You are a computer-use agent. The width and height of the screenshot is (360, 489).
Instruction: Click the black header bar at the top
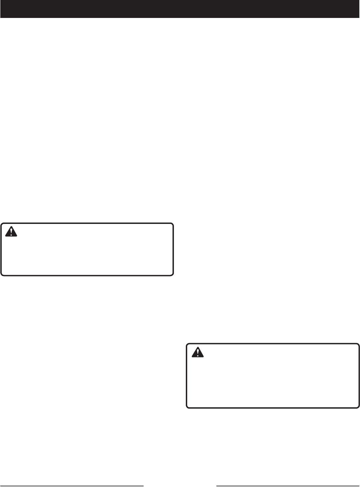pyautogui.click(x=180, y=9)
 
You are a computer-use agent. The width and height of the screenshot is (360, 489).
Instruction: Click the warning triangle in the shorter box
pyautogui.click(x=11, y=231)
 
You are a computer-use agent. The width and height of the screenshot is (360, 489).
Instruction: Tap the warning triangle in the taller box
pyautogui.click(x=198, y=352)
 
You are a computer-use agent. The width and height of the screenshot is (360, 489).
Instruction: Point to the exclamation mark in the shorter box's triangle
pyautogui.click(x=11, y=232)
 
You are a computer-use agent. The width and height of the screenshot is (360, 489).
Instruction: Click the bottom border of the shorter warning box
pyautogui.click(x=87, y=275)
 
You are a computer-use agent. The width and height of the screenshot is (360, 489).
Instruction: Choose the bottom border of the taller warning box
pyautogui.click(x=273, y=407)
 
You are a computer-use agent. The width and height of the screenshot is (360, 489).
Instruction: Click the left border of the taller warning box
pyautogui.click(x=187, y=376)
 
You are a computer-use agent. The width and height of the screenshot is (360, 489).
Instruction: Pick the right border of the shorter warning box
pyautogui.click(x=173, y=249)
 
